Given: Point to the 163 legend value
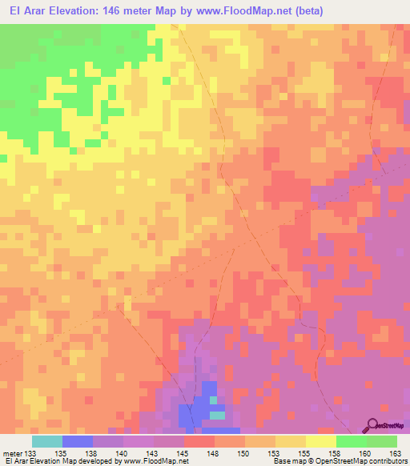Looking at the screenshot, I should coord(396,452).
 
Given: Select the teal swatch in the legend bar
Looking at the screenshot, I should coord(47,441).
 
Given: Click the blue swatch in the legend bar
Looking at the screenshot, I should coord(78,441).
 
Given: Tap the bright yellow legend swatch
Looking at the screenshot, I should coord(321,441).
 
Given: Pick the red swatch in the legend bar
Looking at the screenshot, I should coord(199,441).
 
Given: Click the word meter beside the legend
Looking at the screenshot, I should coord(14,452).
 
